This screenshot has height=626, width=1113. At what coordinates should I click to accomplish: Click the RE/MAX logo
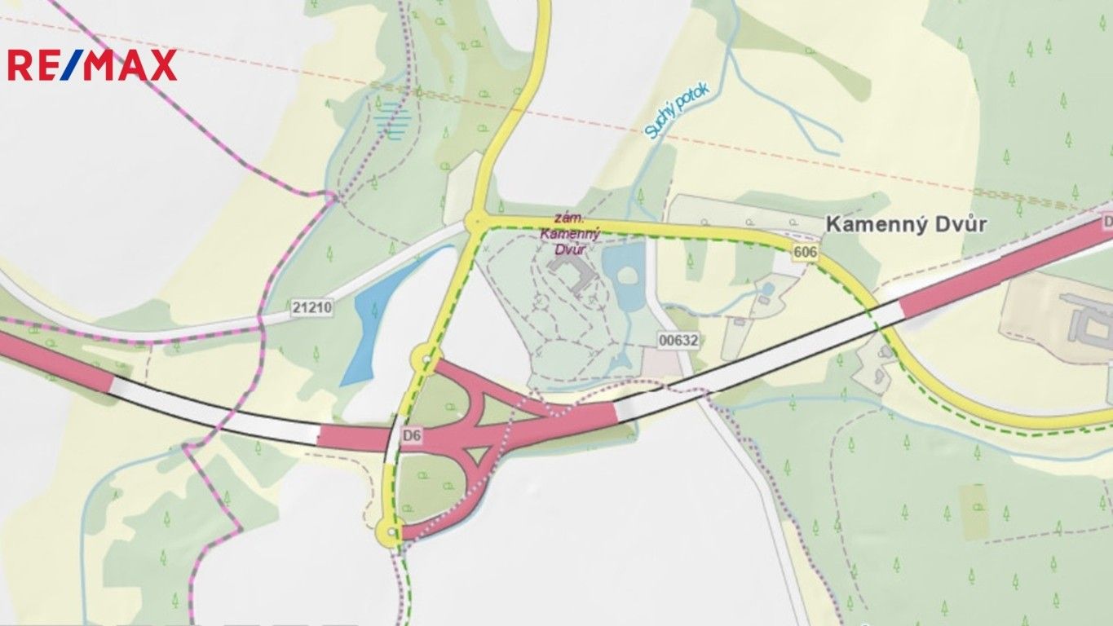pyautogui.click(x=92, y=65)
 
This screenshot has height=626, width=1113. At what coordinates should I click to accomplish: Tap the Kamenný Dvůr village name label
pyautogui.click(x=905, y=225)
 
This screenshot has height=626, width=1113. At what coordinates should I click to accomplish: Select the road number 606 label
pyautogui.click(x=804, y=253)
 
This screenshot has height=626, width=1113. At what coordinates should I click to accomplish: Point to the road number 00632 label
pyautogui.click(x=679, y=341)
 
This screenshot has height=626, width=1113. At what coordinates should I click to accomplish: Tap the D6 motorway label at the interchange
pyautogui.click(x=413, y=437)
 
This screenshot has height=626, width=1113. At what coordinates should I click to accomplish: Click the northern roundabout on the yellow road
pyautogui.click(x=475, y=222)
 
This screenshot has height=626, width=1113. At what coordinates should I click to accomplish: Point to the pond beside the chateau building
pyautogui.click(x=625, y=273)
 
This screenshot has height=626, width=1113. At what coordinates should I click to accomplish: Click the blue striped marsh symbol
pyautogui.click(x=390, y=119)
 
